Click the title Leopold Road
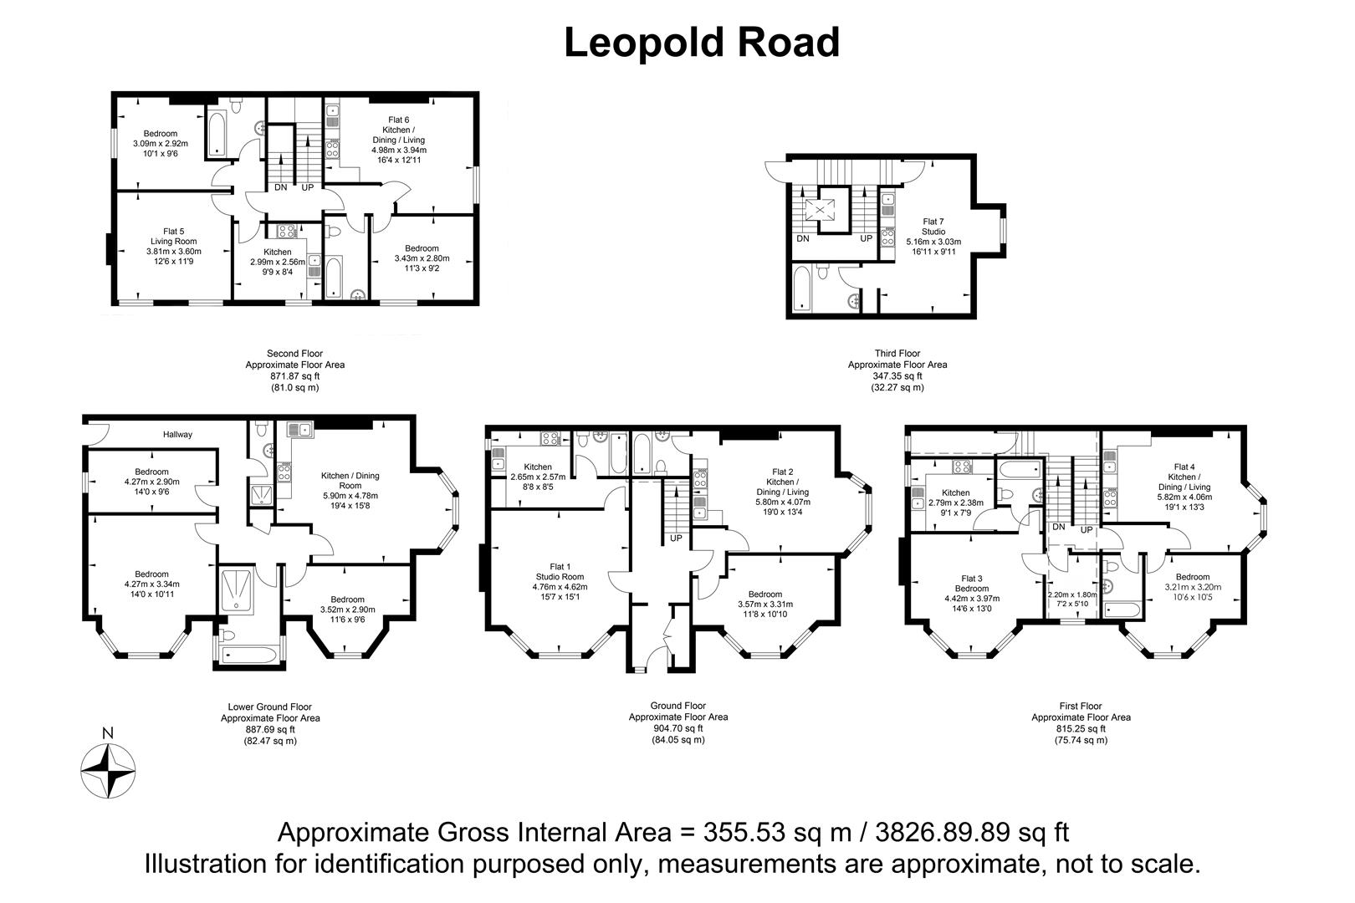coord(701,43)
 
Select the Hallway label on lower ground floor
coord(177,434)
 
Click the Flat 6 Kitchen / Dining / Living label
coord(398,140)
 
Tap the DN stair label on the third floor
coord(803,239)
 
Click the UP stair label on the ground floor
coord(676,538)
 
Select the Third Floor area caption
coord(897,365)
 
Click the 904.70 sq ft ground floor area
coord(677,728)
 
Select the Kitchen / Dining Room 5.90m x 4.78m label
coord(350,486)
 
